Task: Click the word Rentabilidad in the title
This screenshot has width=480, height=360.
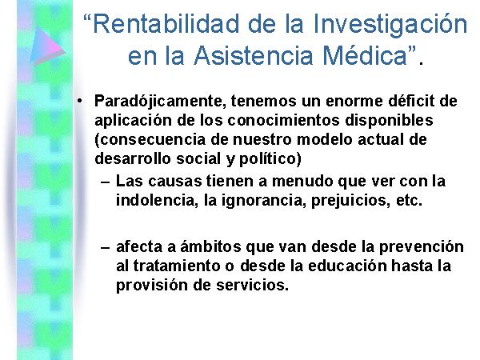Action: pos(166,24)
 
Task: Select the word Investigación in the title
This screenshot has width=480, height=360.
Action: pos(390,26)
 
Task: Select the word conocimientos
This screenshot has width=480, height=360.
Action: pos(283,120)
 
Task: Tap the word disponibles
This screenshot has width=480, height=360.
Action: pos(389,121)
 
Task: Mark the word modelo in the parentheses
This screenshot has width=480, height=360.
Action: pos(324,139)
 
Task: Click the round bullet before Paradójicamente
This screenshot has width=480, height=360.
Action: pos(79,102)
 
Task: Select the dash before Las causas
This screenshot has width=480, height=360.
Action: pos(105,182)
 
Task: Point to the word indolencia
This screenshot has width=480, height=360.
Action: pos(157,201)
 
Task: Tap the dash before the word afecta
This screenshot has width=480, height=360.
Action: pos(105,246)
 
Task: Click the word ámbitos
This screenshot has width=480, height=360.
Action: pos(210,246)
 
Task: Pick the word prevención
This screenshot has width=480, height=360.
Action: pos(422,247)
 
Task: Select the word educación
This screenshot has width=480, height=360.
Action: pos(347,266)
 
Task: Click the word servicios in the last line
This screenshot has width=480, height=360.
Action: pos(252,285)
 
